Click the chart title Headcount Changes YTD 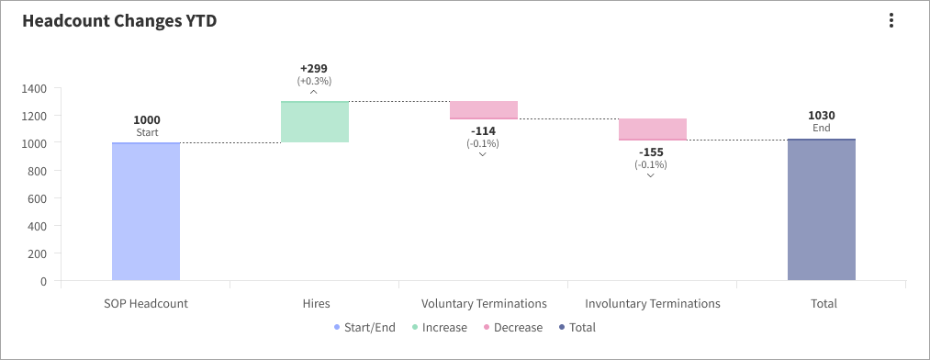pyautogui.click(x=119, y=21)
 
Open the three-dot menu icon pyautogui.click(x=891, y=21)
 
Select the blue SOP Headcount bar pyautogui.click(x=146, y=211)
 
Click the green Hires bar pyautogui.click(x=314, y=121)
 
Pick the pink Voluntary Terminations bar pyautogui.click(x=483, y=110)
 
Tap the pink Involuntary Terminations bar pyautogui.click(x=652, y=129)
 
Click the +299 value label pyautogui.click(x=314, y=69)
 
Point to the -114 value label pyautogui.click(x=483, y=131)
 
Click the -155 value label pyautogui.click(x=652, y=152)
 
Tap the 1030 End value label pyautogui.click(x=821, y=116)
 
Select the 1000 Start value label pyautogui.click(x=147, y=120)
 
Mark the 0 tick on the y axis pyautogui.click(x=43, y=281)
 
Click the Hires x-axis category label pyautogui.click(x=315, y=303)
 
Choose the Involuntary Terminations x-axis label pyautogui.click(x=652, y=303)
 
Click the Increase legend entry pyautogui.click(x=440, y=328)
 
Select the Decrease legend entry pyautogui.click(x=512, y=328)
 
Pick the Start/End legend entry pyautogui.click(x=365, y=328)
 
